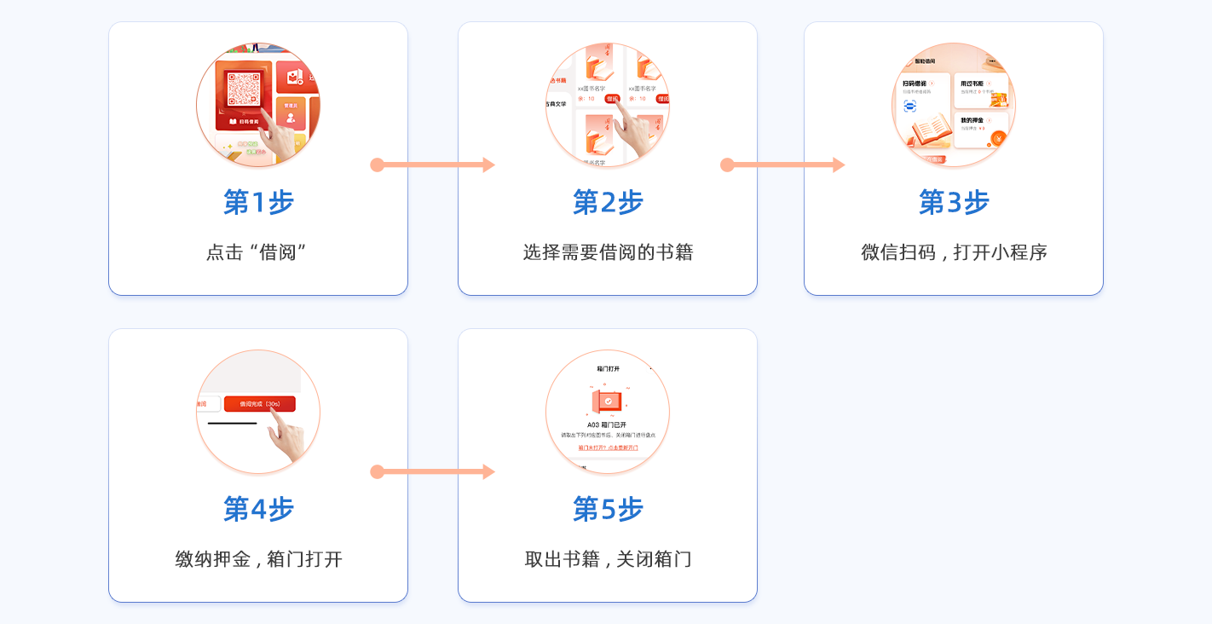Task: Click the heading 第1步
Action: (258, 203)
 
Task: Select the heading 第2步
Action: (608, 203)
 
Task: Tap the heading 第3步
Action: (954, 203)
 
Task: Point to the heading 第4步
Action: (258, 510)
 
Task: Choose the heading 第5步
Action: (608, 510)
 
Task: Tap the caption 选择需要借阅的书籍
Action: (608, 252)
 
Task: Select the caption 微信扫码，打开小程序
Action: (954, 252)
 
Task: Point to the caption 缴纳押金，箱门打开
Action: (258, 559)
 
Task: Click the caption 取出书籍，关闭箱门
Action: (608, 559)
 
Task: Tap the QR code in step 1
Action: (244, 90)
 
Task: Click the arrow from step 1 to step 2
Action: (433, 165)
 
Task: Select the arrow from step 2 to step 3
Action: (782, 165)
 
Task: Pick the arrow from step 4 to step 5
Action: (433, 471)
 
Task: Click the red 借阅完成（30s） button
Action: (259, 404)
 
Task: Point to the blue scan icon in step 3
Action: (909, 106)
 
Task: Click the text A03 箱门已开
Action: (607, 425)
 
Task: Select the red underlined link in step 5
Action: (608, 448)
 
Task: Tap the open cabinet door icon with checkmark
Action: (608, 400)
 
